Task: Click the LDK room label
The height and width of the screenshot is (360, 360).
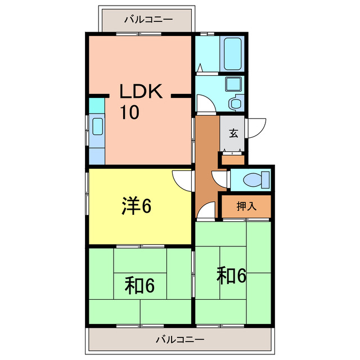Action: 140,92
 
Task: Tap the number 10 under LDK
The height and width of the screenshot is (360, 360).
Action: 129,112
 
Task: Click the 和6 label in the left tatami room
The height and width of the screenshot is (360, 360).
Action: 139,286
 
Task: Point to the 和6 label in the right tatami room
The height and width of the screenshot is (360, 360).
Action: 232,276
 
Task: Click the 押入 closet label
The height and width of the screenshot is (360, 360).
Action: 246,206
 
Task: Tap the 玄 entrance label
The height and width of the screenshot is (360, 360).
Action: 233,133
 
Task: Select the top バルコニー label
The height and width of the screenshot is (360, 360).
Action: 148,19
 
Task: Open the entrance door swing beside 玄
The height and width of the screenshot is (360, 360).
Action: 254,127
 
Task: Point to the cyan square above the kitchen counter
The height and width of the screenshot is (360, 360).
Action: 97,105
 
